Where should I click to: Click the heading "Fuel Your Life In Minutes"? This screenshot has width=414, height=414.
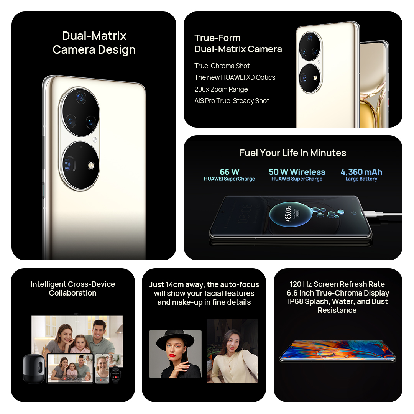293,153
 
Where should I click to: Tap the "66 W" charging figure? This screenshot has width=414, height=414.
230,172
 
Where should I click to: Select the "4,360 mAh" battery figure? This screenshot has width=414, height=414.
361,172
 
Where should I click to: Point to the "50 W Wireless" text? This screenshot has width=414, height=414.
297,172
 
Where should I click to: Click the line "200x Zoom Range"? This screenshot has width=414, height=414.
221,89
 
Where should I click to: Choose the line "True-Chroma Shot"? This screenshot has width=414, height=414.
222,66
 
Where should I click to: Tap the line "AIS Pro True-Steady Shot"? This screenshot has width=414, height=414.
232,100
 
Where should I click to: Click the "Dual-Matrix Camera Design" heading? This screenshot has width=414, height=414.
94,43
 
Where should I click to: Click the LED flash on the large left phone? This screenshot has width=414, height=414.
91,166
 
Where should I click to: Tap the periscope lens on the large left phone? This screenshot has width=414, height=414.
69,164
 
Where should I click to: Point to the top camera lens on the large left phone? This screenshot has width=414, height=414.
81,98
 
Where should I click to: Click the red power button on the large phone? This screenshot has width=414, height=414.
43,191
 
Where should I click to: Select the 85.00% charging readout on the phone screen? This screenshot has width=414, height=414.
288,214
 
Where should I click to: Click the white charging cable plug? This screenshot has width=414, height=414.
373,214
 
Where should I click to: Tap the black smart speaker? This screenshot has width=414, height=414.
33,369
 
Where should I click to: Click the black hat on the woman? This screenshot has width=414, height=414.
175,339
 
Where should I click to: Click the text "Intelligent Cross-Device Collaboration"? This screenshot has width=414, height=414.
72,288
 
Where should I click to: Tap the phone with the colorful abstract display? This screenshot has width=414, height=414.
338,351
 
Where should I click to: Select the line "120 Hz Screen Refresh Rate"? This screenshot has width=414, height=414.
337,284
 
